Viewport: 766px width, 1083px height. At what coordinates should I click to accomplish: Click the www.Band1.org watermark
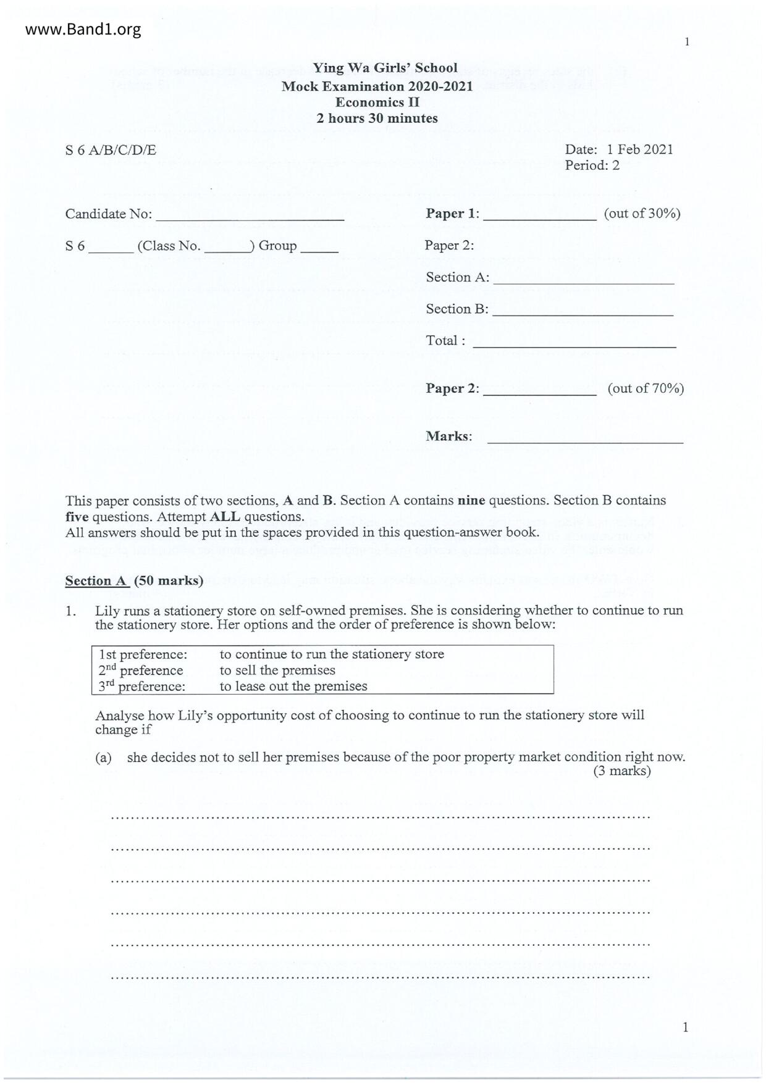click(83, 29)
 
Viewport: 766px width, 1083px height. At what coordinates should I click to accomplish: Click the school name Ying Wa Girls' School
click(384, 68)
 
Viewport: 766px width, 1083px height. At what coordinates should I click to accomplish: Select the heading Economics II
click(377, 102)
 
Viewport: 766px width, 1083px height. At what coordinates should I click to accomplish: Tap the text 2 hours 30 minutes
click(377, 118)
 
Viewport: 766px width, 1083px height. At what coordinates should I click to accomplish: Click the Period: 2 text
click(591, 165)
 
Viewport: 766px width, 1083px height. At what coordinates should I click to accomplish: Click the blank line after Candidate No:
click(250, 219)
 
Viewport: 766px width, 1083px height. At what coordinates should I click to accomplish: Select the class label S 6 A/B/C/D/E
click(111, 150)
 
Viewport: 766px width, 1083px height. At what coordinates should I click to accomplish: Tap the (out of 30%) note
click(642, 214)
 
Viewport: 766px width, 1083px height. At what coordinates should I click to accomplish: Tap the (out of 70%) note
click(646, 388)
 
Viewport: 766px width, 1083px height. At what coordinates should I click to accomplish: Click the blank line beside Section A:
click(583, 282)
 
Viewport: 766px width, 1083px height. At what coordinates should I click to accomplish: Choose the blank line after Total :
click(574, 346)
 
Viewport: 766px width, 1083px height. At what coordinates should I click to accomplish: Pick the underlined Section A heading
click(96, 581)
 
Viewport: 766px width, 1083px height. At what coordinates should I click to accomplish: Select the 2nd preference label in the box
click(141, 671)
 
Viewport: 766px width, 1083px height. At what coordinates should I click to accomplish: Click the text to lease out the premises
click(293, 686)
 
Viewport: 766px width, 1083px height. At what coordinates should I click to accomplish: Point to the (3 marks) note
click(621, 771)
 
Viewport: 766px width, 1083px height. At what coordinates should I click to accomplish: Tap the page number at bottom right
click(685, 1027)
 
